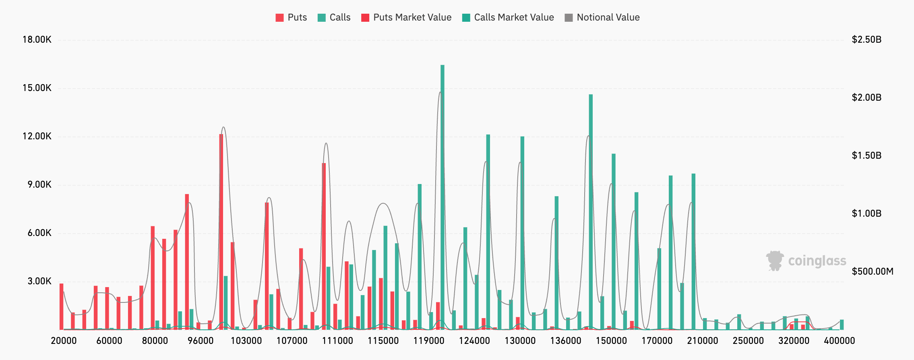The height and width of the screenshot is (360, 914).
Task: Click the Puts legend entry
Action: pos(291,17)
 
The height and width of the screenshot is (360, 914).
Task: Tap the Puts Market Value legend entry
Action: pos(406,17)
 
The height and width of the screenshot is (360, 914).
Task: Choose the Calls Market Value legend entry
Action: pos(508,17)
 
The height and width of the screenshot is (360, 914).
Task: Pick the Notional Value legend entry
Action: pos(602,17)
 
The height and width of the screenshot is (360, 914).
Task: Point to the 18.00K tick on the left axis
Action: pos(37,39)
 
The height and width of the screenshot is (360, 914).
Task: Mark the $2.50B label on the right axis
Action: pos(866,39)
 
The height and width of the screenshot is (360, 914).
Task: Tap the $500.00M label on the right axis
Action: pos(873,271)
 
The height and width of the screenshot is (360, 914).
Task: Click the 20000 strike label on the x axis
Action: pos(64,341)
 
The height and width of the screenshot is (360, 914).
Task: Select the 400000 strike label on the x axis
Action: pos(839,341)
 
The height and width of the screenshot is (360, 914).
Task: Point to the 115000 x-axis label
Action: pos(383,341)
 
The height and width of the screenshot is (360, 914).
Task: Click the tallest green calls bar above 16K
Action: pos(443,197)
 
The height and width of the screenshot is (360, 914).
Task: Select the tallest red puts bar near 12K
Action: pos(221,232)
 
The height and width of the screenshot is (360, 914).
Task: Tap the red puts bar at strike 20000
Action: pos(62,306)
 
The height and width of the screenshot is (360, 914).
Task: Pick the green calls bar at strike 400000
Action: pos(842,325)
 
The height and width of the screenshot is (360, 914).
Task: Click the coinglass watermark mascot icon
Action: pos(775,261)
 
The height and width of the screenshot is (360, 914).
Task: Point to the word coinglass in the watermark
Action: pos(817,261)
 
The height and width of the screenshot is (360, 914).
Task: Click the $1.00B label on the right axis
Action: pos(866,213)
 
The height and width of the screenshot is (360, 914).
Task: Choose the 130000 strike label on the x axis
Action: pos(520,341)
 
